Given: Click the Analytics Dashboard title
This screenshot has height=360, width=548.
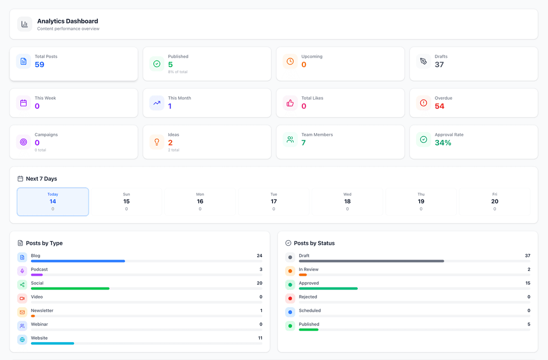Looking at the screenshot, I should coord(67,21).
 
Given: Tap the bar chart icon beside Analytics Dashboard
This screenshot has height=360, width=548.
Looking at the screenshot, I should coord(24,24).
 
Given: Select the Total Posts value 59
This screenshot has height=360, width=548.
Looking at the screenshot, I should coord(40,64).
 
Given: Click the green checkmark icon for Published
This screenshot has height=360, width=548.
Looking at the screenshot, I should coord(157,64).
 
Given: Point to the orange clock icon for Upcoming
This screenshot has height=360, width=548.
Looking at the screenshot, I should coord(290,61).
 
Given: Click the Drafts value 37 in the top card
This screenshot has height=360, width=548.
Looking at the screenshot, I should coord(439,64).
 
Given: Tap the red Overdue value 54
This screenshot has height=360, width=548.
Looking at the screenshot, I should coord(439,106).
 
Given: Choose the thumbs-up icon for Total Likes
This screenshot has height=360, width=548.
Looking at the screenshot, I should coord(290,103).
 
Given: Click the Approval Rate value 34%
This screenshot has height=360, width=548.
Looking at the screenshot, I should coord(443,143).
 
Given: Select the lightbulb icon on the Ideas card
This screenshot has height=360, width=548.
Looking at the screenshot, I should coord(157,142).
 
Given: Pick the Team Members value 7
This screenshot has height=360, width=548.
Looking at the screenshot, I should coord(303,143).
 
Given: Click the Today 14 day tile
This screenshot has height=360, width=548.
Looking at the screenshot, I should coord(53,202).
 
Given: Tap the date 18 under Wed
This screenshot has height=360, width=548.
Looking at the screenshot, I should coord(347,202).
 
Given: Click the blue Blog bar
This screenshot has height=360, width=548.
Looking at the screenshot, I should coord(78,261).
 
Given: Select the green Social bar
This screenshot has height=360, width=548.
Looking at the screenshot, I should coord(70,288).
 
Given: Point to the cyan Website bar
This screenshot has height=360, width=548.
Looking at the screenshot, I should coord(52,343).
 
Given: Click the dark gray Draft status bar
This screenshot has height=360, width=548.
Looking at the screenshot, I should coord(371,261).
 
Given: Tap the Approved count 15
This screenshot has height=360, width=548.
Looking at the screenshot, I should coord(528,283).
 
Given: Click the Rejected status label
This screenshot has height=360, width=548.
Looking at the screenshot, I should coord(308,297).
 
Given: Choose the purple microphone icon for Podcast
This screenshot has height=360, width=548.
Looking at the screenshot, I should coord(22,271).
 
